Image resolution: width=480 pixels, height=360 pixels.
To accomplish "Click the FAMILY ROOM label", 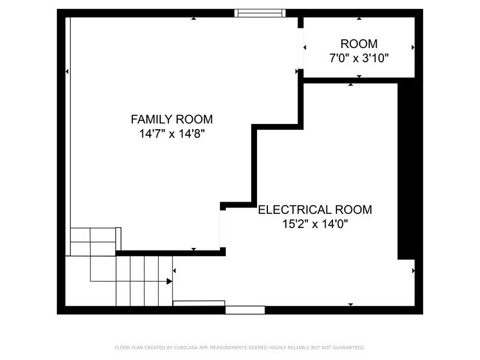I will click(171, 119).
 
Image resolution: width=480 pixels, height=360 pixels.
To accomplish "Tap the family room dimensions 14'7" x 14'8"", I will click(171, 134).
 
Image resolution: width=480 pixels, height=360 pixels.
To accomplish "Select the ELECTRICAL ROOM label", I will click(315, 210).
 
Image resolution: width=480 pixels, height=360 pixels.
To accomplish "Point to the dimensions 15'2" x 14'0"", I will click(315, 224).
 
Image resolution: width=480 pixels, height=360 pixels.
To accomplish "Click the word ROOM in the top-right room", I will click(359, 44).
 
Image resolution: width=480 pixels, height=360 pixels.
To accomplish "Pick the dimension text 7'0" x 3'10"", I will click(359, 58).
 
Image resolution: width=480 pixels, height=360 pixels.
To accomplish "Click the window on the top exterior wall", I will click(259, 13).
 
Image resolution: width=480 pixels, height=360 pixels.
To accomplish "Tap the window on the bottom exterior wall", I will click(245, 310).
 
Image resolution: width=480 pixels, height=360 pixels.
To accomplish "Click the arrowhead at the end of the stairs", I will click(170, 281).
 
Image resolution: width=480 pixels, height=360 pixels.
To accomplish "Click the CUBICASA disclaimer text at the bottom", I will click(240, 347).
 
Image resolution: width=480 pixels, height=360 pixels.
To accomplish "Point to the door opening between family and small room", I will click(301, 49).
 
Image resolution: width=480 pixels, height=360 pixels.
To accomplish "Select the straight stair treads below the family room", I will click(144, 280).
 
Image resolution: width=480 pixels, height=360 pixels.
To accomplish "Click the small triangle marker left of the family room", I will click(67, 72).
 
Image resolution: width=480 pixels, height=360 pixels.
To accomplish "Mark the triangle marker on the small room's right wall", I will click(413, 47).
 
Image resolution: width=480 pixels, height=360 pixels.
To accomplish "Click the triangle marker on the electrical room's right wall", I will click(413, 271).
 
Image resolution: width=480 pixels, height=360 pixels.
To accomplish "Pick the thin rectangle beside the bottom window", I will click(199, 302).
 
